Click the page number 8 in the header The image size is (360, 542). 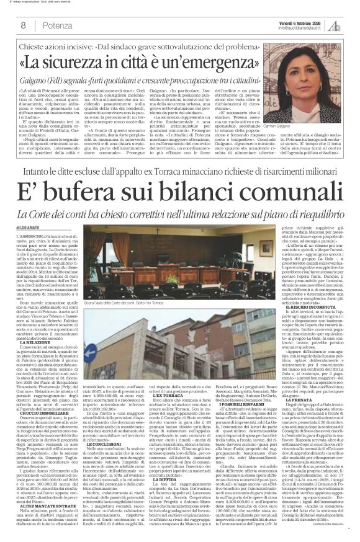tap(23, 25)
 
